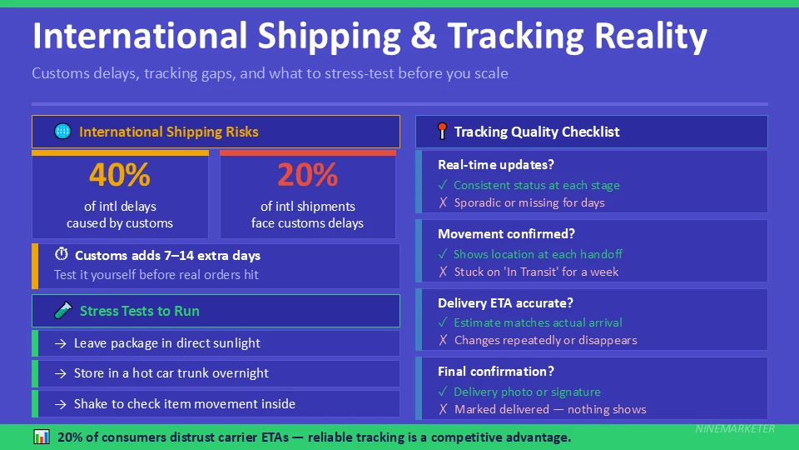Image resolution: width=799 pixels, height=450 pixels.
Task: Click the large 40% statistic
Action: click(x=120, y=175)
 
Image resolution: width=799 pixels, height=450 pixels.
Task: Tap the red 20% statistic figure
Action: click(x=307, y=175)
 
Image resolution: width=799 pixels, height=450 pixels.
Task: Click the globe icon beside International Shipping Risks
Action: click(x=62, y=132)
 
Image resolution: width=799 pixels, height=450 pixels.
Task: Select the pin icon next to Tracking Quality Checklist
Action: click(x=442, y=132)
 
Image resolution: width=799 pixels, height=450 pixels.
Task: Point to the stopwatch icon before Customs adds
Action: click(x=61, y=255)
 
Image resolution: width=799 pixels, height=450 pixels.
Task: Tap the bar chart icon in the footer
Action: click(x=41, y=437)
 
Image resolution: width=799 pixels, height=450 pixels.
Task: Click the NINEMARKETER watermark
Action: click(x=734, y=428)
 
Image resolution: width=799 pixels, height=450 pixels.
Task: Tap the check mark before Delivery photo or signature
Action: click(x=443, y=392)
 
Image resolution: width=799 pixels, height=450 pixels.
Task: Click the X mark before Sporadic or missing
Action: click(x=443, y=202)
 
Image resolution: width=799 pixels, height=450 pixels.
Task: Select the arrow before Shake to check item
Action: click(x=60, y=404)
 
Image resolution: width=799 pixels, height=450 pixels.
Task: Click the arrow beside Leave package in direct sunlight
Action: click(x=60, y=343)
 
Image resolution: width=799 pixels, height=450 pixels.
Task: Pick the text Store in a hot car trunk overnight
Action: click(x=171, y=373)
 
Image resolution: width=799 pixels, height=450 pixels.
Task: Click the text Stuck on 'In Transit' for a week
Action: click(x=536, y=272)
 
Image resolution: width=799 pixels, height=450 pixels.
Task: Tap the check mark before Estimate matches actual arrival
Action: click(x=443, y=322)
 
